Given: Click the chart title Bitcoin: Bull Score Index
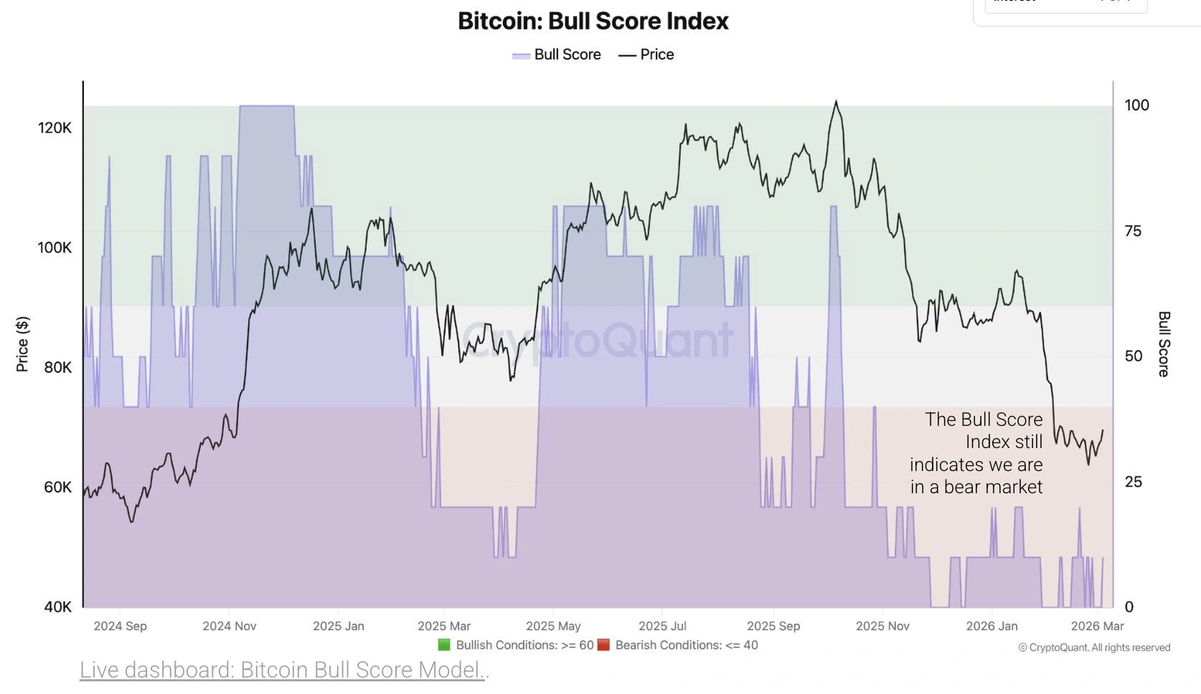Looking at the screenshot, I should [593, 22].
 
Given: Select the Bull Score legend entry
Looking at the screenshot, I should [557, 55].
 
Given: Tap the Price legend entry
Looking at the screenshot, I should [646, 55].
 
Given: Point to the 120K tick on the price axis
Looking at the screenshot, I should [55, 128].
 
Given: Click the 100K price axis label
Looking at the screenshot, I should [55, 248].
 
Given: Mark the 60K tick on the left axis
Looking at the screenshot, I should [57, 488].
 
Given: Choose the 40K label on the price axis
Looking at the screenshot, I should [57, 607].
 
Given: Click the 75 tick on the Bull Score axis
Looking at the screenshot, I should [1133, 231].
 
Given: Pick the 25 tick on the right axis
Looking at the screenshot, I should [1133, 482].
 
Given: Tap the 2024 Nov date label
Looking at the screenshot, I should [229, 626].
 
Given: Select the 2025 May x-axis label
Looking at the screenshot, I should [553, 626].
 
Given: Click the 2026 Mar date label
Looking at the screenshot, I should [1097, 626].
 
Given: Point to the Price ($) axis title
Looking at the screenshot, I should [23, 344].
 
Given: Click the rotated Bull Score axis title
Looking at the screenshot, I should [1164, 344].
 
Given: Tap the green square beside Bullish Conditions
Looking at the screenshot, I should [444, 645].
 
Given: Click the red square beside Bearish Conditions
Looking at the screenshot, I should [603, 645].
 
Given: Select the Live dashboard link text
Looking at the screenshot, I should [283, 670].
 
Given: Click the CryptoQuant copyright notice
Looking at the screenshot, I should [1094, 647].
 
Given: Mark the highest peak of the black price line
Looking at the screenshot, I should [836, 102].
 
